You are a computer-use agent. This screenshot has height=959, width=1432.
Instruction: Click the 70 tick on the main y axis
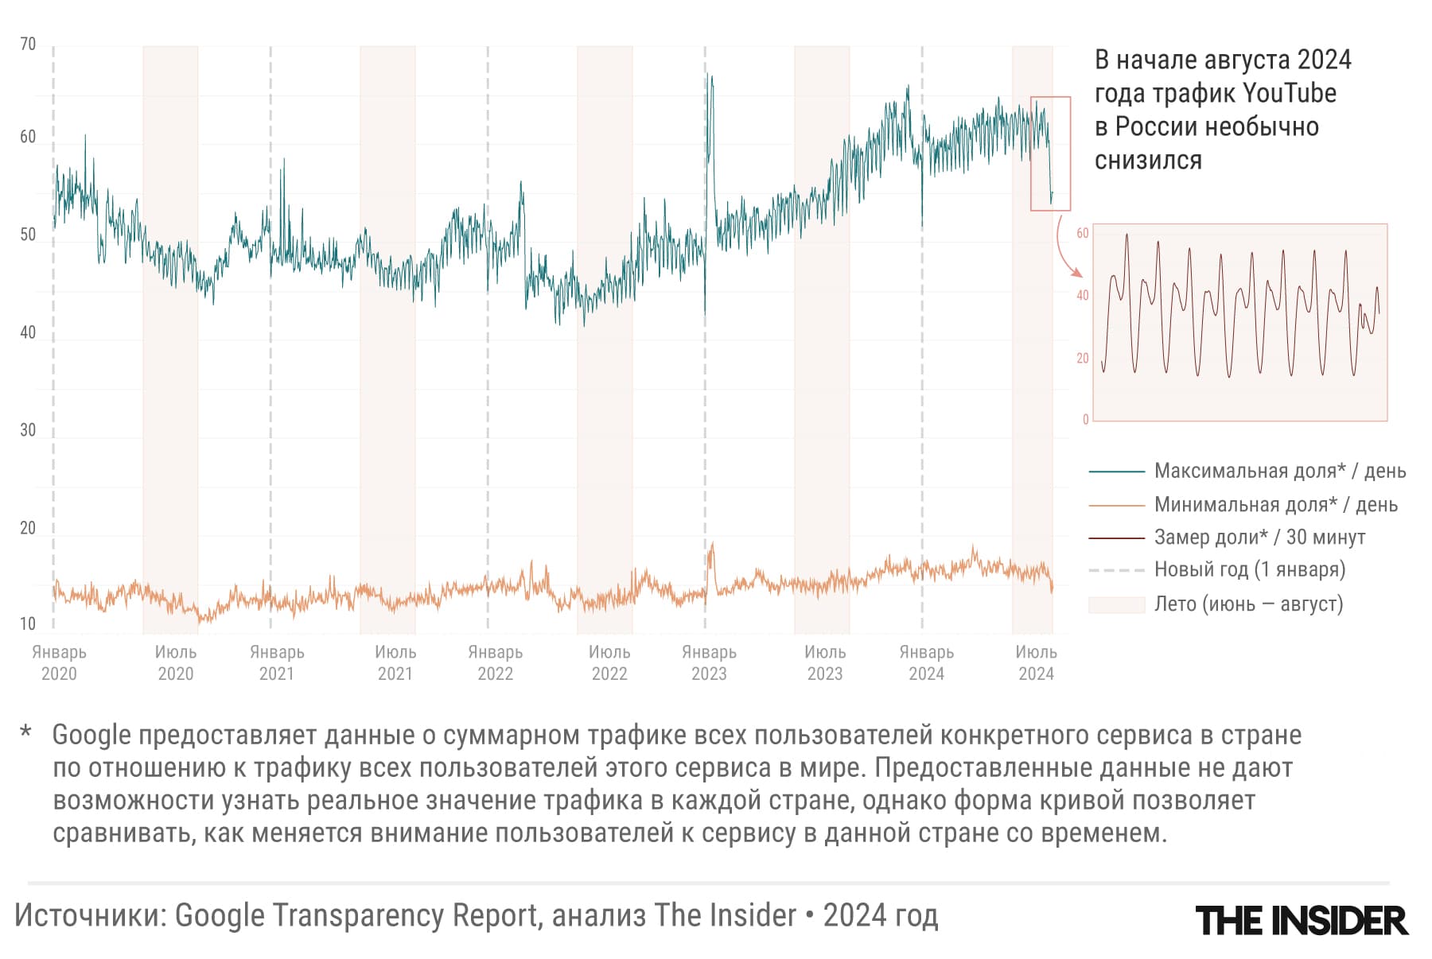coord(28,45)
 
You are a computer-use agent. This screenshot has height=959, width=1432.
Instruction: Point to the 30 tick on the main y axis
coord(28,430)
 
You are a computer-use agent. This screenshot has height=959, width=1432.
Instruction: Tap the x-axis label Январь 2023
coord(709,662)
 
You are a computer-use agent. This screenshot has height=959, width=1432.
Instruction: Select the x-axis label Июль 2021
coord(395,662)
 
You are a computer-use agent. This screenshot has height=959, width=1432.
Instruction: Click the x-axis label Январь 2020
coord(59,662)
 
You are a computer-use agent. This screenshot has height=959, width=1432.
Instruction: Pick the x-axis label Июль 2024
coord(1036,662)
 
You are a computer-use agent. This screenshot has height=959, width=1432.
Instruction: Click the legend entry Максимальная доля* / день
coord(1279,471)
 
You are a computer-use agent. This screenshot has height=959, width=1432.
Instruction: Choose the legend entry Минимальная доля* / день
coord(1275,504)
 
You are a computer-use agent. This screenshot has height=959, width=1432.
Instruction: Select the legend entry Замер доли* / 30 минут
coord(1259,538)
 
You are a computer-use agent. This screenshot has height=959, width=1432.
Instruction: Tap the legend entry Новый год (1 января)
coord(1249,569)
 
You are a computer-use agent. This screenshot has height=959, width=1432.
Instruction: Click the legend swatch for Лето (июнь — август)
coord(1116,604)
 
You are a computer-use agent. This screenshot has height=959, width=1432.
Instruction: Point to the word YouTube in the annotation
coord(1289,93)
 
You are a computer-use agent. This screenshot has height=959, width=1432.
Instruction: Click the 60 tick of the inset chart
coord(1082,233)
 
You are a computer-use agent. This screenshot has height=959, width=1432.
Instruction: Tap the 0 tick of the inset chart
coord(1085,420)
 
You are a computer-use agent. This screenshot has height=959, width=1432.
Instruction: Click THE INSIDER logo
coord(1302,921)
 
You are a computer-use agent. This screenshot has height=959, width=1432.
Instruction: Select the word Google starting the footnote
coord(91,736)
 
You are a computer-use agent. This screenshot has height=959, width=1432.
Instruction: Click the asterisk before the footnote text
coord(25,732)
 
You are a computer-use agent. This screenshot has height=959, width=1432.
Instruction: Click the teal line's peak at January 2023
coord(707,76)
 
